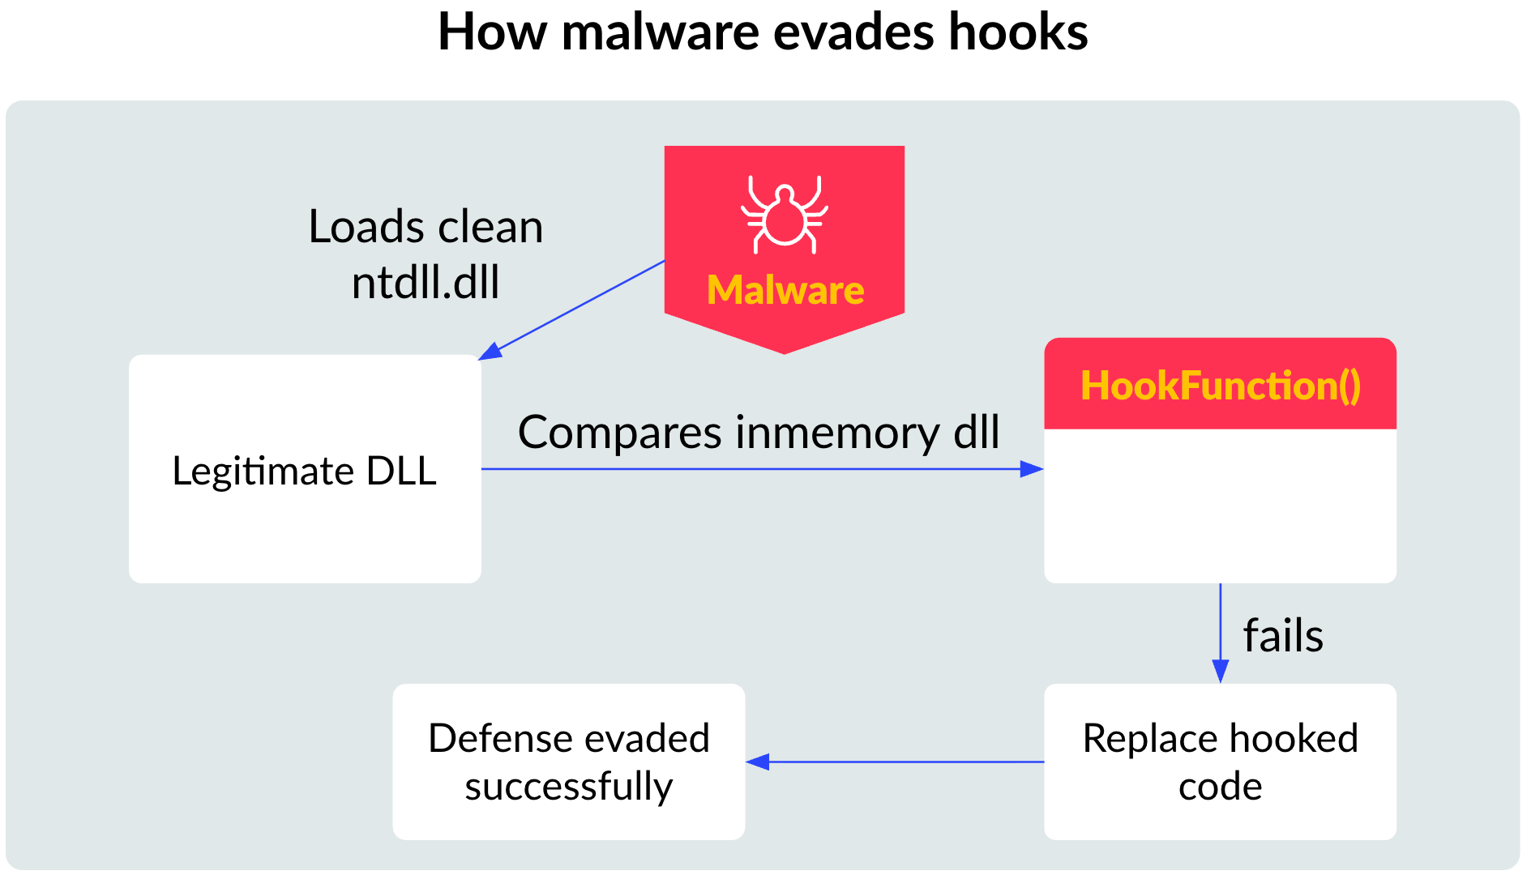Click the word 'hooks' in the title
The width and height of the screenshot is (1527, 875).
pyautogui.click(x=1018, y=32)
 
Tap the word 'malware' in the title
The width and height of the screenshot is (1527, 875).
pyautogui.click(x=661, y=32)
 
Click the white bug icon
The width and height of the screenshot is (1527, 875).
pyautogui.click(x=784, y=214)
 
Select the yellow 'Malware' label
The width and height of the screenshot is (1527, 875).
pyautogui.click(x=785, y=290)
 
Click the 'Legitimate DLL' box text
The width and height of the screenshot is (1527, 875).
pyautogui.click(x=305, y=471)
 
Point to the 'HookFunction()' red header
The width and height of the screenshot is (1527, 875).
pyautogui.click(x=1220, y=385)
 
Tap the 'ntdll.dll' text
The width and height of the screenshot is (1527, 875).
pyautogui.click(x=426, y=283)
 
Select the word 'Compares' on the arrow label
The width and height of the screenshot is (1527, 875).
pyautogui.click(x=620, y=433)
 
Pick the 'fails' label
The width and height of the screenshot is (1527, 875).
pyautogui.click(x=1283, y=636)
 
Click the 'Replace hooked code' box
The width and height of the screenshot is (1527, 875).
pyautogui.click(x=1220, y=762)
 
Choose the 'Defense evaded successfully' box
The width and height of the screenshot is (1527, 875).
pyautogui.click(x=568, y=762)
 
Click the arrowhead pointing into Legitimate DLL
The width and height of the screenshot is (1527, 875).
pyautogui.click(x=490, y=352)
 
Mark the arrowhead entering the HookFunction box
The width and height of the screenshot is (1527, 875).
pyautogui.click(x=1032, y=469)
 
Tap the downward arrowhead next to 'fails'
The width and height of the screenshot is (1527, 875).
pyautogui.click(x=1220, y=672)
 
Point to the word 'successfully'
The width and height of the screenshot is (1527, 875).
pyautogui.click(x=568, y=787)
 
